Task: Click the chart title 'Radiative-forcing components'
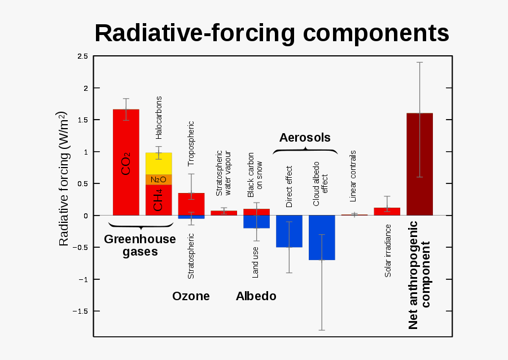pos(271,33)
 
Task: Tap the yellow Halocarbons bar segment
pos(159,164)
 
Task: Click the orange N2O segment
pos(159,179)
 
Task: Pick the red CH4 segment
pos(159,200)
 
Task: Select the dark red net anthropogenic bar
pos(419,164)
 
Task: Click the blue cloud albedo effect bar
pos(322,238)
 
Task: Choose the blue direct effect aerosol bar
pos(289,231)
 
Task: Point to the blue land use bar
pos(256,222)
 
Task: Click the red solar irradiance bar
pos(387,212)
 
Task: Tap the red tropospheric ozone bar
pos(191,204)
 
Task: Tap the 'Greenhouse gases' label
pos(140,245)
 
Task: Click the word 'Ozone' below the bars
pos(191,296)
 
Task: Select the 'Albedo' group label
pos(256,296)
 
